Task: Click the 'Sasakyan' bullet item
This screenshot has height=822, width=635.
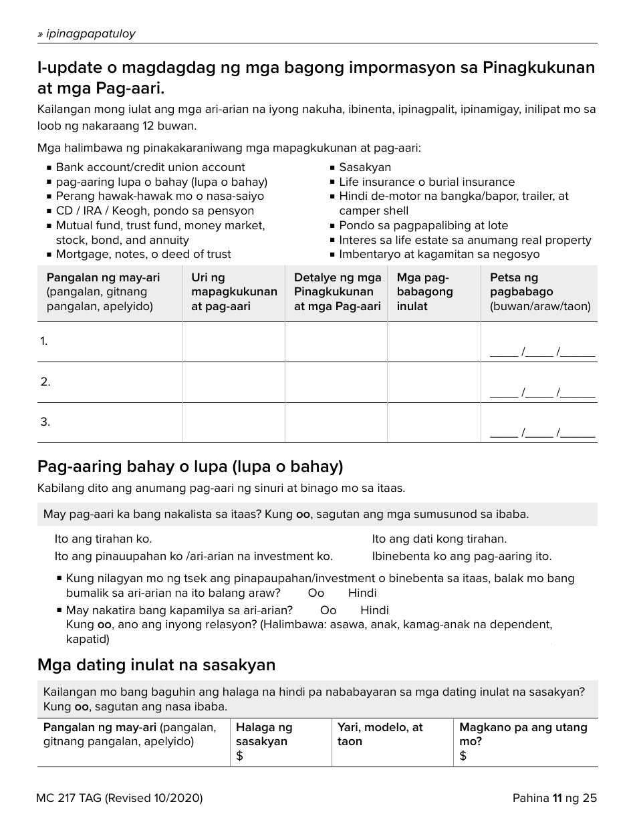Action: (x=364, y=168)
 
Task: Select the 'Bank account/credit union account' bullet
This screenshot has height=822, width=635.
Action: (x=150, y=168)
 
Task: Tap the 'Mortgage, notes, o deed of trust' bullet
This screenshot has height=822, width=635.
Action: (x=143, y=255)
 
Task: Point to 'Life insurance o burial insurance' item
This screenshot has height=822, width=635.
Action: (x=426, y=182)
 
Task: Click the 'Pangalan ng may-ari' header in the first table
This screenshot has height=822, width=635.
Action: (x=103, y=278)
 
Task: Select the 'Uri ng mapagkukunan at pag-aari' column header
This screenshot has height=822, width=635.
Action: (x=233, y=292)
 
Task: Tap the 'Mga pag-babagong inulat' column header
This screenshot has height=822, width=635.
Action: (x=424, y=292)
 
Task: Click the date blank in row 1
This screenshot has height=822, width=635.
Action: (x=542, y=353)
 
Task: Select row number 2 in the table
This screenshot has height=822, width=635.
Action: (x=45, y=382)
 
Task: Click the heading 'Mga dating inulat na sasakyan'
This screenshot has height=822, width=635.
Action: (x=156, y=665)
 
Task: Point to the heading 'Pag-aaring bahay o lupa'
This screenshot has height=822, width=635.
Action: (x=190, y=466)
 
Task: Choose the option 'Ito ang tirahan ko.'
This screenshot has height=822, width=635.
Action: (x=103, y=539)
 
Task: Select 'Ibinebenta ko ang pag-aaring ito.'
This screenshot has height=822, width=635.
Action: (x=461, y=556)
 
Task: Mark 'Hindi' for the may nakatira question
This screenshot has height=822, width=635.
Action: (x=374, y=610)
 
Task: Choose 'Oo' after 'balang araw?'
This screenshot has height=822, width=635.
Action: (x=315, y=593)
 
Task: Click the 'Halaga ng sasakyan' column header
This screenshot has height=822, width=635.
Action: (x=264, y=734)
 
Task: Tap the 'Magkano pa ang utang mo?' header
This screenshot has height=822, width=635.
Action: (x=523, y=734)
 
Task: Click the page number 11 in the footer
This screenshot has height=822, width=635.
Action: (x=556, y=798)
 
